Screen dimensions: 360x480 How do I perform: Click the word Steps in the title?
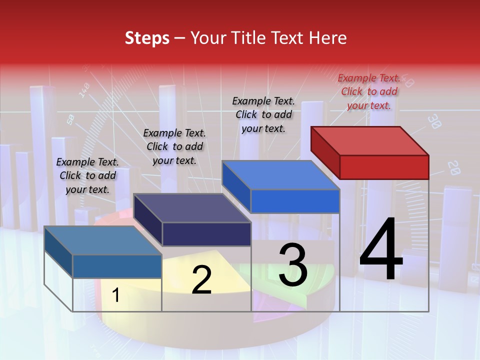pyautogui.click(x=147, y=38)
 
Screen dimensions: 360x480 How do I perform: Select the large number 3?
pyautogui.click(x=293, y=264)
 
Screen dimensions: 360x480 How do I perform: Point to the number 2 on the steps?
pyautogui.click(x=201, y=280)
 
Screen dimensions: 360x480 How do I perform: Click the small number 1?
pyautogui.click(x=116, y=295)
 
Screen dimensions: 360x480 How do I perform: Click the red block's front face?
pyautogui.click(x=384, y=167)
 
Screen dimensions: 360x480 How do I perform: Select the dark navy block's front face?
pyautogui.click(x=206, y=234)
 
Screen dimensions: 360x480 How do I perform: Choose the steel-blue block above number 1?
pyautogui.click(x=117, y=266)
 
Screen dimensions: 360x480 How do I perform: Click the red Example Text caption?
pyautogui.click(x=369, y=91)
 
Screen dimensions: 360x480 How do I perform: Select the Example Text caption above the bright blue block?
pyautogui.click(x=263, y=114)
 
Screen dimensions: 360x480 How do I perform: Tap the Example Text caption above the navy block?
pyautogui.click(x=174, y=146)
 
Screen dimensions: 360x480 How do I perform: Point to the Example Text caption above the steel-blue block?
pyautogui.click(x=87, y=175)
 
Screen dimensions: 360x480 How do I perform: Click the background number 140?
pyautogui.click(x=84, y=89)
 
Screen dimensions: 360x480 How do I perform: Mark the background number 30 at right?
pyautogui.click(x=434, y=121)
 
